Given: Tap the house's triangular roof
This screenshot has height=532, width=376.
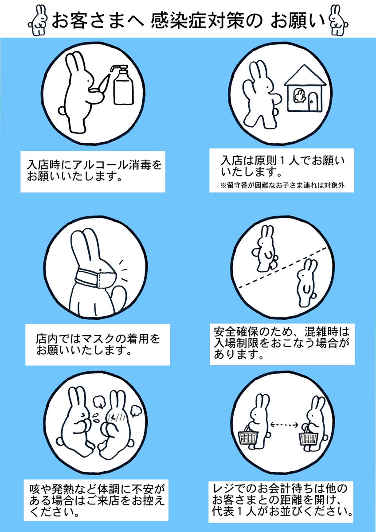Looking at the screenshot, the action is coord(305,75).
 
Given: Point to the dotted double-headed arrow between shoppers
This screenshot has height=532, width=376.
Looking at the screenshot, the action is coord(284,425).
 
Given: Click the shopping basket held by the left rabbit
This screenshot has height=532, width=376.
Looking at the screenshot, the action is coord(248,435).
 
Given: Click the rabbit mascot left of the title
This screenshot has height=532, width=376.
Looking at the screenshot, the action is coord(38,20).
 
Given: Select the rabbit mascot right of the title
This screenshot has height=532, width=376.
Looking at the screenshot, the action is coord(338,20).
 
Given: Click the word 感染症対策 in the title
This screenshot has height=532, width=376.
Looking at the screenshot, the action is coord(197,21).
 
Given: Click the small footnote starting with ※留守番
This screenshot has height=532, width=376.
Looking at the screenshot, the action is coord(282,185).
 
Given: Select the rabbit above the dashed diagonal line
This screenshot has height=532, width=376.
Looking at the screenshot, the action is coord(265,248).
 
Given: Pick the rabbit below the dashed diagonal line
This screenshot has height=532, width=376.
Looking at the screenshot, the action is coord(307,283).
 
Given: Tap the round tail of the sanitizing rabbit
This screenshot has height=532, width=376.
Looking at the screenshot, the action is coord(62,110).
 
